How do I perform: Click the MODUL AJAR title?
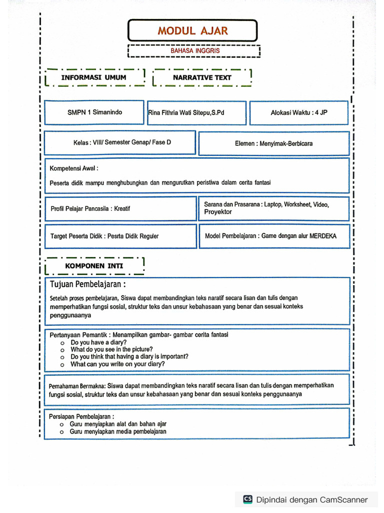[x=192, y=31]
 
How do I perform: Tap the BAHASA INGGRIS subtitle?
[x=194, y=51]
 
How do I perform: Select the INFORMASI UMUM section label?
[x=93, y=78]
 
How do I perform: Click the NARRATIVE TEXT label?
[x=202, y=78]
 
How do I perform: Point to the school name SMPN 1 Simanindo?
[x=94, y=113]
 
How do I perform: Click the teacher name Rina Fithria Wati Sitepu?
[x=186, y=113]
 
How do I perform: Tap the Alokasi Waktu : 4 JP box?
[x=299, y=113]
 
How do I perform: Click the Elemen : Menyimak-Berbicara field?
[x=273, y=144]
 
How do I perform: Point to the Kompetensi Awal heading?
[x=74, y=168]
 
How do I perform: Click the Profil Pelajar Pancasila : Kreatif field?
[x=90, y=208]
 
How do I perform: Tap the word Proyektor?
[x=218, y=212]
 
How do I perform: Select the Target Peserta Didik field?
[x=104, y=236]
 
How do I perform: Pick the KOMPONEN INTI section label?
[x=94, y=266]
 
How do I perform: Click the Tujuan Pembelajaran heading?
[x=87, y=285]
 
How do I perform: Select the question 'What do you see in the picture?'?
[x=111, y=349]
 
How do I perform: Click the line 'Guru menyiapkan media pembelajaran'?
[x=118, y=431]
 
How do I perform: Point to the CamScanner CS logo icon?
[x=247, y=499]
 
